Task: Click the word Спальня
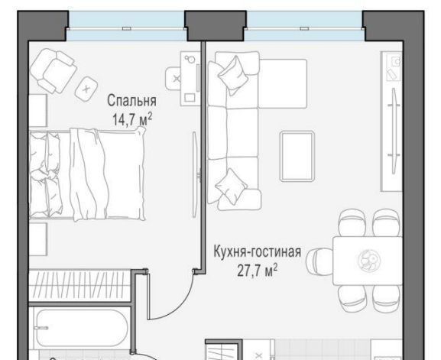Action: [x=131, y=101]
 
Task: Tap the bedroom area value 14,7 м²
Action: [x=132, y=119]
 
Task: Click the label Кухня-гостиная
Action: [x=258, y=251]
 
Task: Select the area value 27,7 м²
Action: [x=258, y=271]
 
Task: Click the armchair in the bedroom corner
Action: [x=54, y=70]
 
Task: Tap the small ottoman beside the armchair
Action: [x=86, y=89]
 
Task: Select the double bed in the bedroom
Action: [x=87, y=174]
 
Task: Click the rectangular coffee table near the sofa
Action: [x=297, y=157]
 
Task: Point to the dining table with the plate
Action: [x=368, y=261]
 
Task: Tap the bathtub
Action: [x=81, y=328]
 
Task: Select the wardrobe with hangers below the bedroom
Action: [x=80, y=285]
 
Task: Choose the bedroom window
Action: [x=127, y=26]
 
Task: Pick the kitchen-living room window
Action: [x=305, y=26]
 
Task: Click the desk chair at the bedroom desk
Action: [x=173, y=79]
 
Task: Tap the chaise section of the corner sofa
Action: [x=282, y=83]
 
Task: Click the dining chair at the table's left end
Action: [x=319, y=261]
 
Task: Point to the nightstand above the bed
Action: [x=38, y=110]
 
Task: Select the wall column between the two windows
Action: [x=216, y=26]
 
